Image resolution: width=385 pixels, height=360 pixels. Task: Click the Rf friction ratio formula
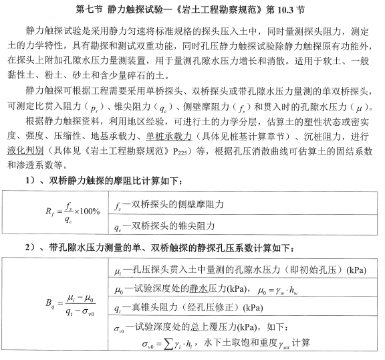point(73,212)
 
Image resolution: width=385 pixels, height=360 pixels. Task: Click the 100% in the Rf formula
point(86,212)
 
